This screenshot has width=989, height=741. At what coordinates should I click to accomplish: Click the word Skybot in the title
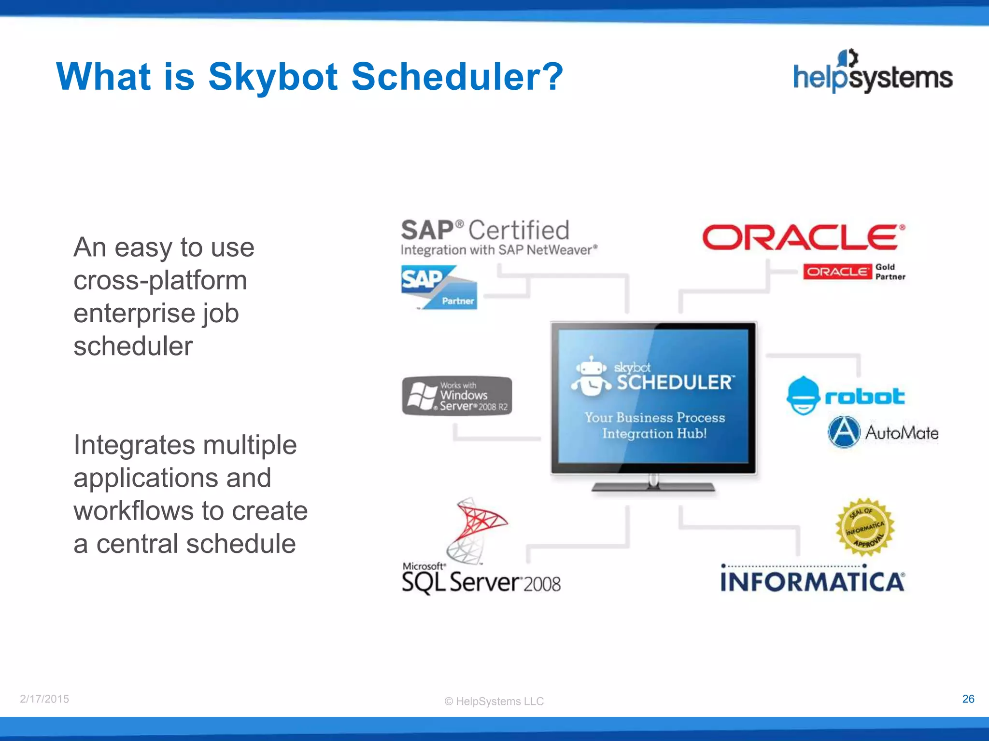(x=273, y=77)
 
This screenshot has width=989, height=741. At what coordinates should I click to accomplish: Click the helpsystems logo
(x=873, y=72)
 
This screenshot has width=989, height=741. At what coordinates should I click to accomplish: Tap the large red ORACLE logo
(x=803, y=237)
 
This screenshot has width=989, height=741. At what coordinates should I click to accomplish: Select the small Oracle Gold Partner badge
(x=854, y=272)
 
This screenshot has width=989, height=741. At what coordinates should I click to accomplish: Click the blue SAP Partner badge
(x=439, y=288)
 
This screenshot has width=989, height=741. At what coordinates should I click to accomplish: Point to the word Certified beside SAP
(x=519, y=230)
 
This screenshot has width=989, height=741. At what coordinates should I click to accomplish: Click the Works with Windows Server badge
(x=457, y=396)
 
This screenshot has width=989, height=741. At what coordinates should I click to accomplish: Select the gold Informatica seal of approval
(x=865, y=528)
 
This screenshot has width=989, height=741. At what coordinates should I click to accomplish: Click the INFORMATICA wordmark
(x=812, y=582)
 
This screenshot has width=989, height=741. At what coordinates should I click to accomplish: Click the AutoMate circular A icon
(x=844, y=432)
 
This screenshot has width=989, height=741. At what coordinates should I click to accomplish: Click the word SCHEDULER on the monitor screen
(x=675, y=383)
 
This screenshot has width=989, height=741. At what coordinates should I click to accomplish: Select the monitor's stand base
(x=653, y=487)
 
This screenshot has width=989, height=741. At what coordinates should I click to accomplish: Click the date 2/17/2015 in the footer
(x=44, y=699)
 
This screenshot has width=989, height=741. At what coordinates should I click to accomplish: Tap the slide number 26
(x=968, y=699)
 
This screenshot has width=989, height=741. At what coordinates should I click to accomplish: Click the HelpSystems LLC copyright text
(x=494, y=701)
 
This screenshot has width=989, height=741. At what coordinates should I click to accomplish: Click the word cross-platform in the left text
(x=160, y=280)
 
